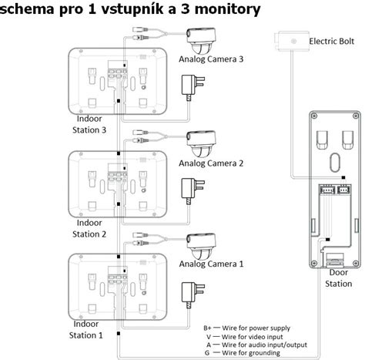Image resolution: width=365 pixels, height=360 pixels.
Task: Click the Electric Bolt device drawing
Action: pos(290,41)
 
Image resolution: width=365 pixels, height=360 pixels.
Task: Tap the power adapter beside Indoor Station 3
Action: pos(189,86)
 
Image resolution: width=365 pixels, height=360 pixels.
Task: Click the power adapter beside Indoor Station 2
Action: pos(189,190)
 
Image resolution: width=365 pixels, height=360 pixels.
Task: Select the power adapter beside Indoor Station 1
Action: pos(189,292)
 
